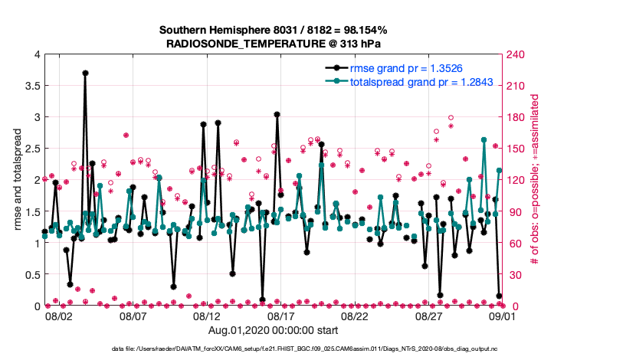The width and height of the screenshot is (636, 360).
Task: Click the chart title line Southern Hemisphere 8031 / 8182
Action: [x=273, y=30]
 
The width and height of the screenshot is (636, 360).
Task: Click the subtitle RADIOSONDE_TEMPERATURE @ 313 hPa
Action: [x=273, y=44]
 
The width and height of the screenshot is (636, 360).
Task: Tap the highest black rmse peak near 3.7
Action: [x=85, y=73]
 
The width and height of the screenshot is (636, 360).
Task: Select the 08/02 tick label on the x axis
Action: [x=60, y=316]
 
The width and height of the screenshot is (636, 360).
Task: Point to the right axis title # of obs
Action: [x=536, y=180]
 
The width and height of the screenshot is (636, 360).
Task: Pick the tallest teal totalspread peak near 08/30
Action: [x=484, y=140]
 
